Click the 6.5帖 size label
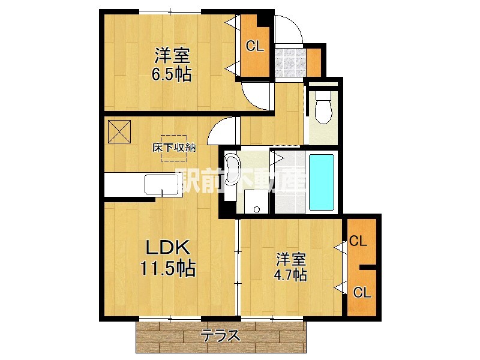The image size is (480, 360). [172, 75]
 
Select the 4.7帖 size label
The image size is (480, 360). [292, 275]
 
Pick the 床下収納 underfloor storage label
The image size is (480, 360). [174, 148]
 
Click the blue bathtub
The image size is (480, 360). [321, 182]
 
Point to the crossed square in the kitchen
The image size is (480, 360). [119, 131]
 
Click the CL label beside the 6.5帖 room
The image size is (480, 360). [255, 47]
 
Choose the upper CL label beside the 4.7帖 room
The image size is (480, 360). [358, 242]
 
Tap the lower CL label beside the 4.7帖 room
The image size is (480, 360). [361, 292]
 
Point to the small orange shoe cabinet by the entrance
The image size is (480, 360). [314, 61]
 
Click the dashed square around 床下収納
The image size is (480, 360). [174, 148]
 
